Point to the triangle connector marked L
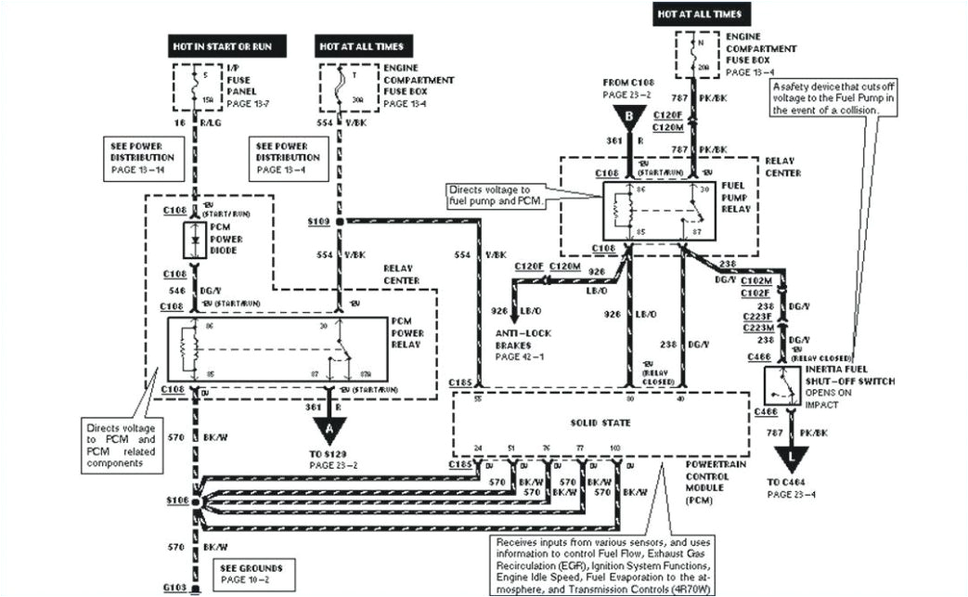point(791,456)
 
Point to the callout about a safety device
point(836,97)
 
